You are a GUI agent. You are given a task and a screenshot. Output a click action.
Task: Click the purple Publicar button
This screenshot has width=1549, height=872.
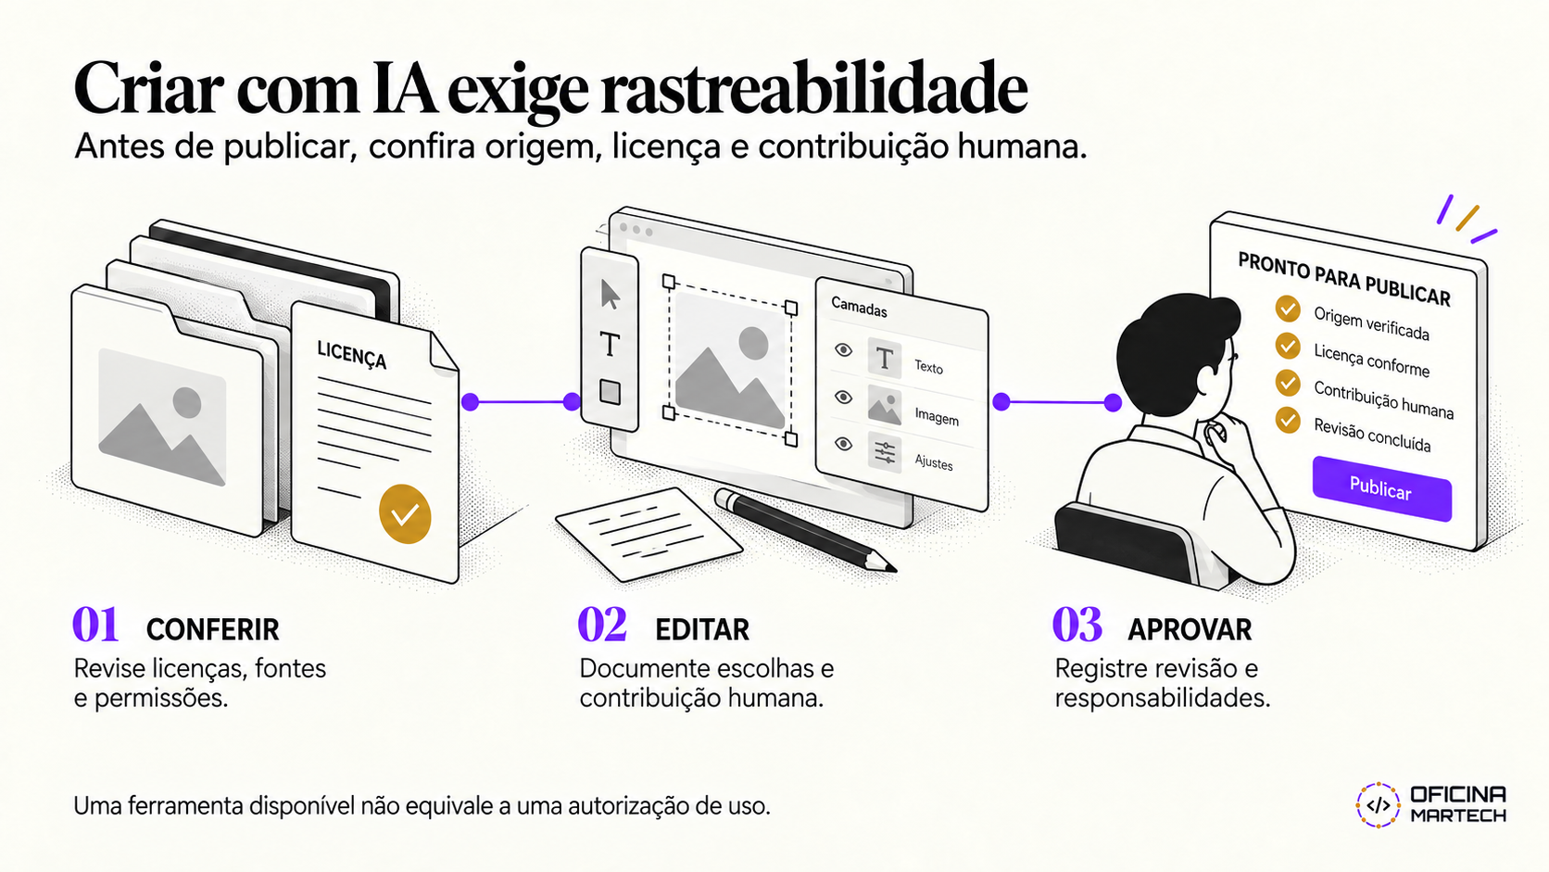point(1381,489)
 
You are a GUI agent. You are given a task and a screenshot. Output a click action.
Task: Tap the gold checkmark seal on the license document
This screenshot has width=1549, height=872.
point(405,513)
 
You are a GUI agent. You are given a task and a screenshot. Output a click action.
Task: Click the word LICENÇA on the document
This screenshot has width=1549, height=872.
point(351,355)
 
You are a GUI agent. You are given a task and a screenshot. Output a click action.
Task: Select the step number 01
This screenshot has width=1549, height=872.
point(95,625)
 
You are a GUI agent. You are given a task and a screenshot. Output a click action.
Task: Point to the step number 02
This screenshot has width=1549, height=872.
point(602,625)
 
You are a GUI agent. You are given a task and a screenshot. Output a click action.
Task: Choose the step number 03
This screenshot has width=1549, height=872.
point(1077,625)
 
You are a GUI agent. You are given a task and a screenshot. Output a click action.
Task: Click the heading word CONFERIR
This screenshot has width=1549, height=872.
point(212,630)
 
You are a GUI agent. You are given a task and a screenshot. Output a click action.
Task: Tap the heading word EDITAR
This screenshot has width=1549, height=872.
point(702,630)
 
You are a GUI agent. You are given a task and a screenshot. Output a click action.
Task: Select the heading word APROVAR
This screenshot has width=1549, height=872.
point(1190,630)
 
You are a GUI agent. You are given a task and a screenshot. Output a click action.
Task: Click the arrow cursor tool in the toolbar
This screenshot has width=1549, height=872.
point(610,295)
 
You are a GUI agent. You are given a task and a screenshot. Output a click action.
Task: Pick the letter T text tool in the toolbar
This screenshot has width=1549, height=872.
point(610,344)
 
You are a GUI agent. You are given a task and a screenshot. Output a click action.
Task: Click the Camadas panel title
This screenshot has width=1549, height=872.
point(859,307)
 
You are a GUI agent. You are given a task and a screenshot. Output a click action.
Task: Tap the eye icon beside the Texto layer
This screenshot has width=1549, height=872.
point(843,350)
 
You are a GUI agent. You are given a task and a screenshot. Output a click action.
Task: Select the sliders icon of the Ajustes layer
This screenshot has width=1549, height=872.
point(885,454)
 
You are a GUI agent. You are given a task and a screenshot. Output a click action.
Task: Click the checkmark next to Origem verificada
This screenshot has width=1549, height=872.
point(1288,310)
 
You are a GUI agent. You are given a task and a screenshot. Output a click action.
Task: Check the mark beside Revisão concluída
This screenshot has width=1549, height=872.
point(1288,420)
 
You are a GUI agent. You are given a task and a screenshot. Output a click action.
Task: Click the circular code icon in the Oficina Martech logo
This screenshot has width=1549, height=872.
point(1379,805)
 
